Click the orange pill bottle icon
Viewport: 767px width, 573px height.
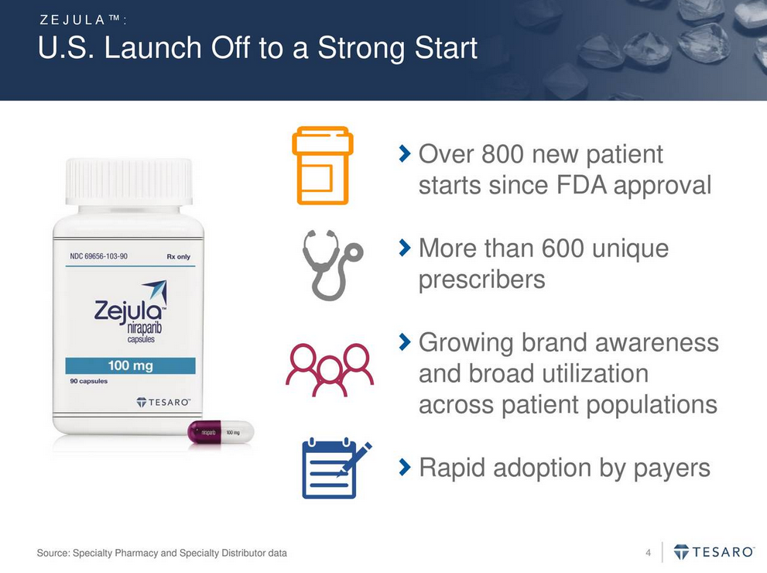(323, 166)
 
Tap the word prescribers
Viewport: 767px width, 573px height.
(482, 280)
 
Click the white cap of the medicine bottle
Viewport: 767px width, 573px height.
(129, 181)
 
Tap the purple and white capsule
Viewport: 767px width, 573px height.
(221, 432)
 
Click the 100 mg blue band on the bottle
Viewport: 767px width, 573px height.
(131, 365)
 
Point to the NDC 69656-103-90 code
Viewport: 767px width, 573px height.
(99, 256)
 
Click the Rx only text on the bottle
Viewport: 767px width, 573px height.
(179, 256)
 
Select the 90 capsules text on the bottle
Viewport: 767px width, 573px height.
(88, 381)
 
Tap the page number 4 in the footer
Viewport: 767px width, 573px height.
(648, 553)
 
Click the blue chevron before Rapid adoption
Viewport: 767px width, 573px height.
(405, 468)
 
